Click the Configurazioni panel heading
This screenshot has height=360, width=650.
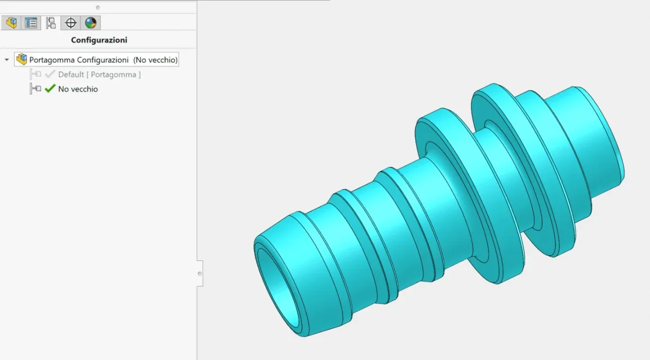click(x=99, y=40)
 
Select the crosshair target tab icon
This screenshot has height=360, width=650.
click(x=71, y=23)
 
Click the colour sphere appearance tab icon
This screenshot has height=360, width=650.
click(x=91, y=23)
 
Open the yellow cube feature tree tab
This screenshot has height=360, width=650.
click(x=12, y=23)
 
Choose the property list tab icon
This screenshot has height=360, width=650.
click(x=31, y=23)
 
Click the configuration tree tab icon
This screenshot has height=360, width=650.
click(x=51, y=23)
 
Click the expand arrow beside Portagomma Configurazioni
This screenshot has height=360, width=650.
click(x=7, y=60)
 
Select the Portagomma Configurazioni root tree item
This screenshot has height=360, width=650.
click(x=97, y=60)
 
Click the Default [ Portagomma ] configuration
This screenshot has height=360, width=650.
click(x=100, y=75)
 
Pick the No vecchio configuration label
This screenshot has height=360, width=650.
click(x=78, y=89)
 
